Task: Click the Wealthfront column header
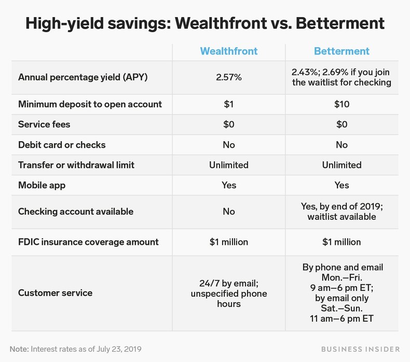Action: click(228, 51)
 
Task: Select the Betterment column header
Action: click(341, 51)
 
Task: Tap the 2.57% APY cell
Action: click(228, 77)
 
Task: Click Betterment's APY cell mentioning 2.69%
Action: click(341, 77)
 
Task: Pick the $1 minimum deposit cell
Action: click(228, 104)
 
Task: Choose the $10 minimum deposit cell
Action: click(341, 104)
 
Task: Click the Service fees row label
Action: click(44, 124)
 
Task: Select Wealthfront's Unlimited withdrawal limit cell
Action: click(228, 165)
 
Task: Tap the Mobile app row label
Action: click(42, 185)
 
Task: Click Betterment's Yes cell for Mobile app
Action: click(341, 185)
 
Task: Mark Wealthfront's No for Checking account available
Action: click(228, 212)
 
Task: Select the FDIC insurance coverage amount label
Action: click(88, 242)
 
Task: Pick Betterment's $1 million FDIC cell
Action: click(341, 242)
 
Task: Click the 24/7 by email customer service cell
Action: click(228, 293)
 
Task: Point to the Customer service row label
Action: click(55, 293)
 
